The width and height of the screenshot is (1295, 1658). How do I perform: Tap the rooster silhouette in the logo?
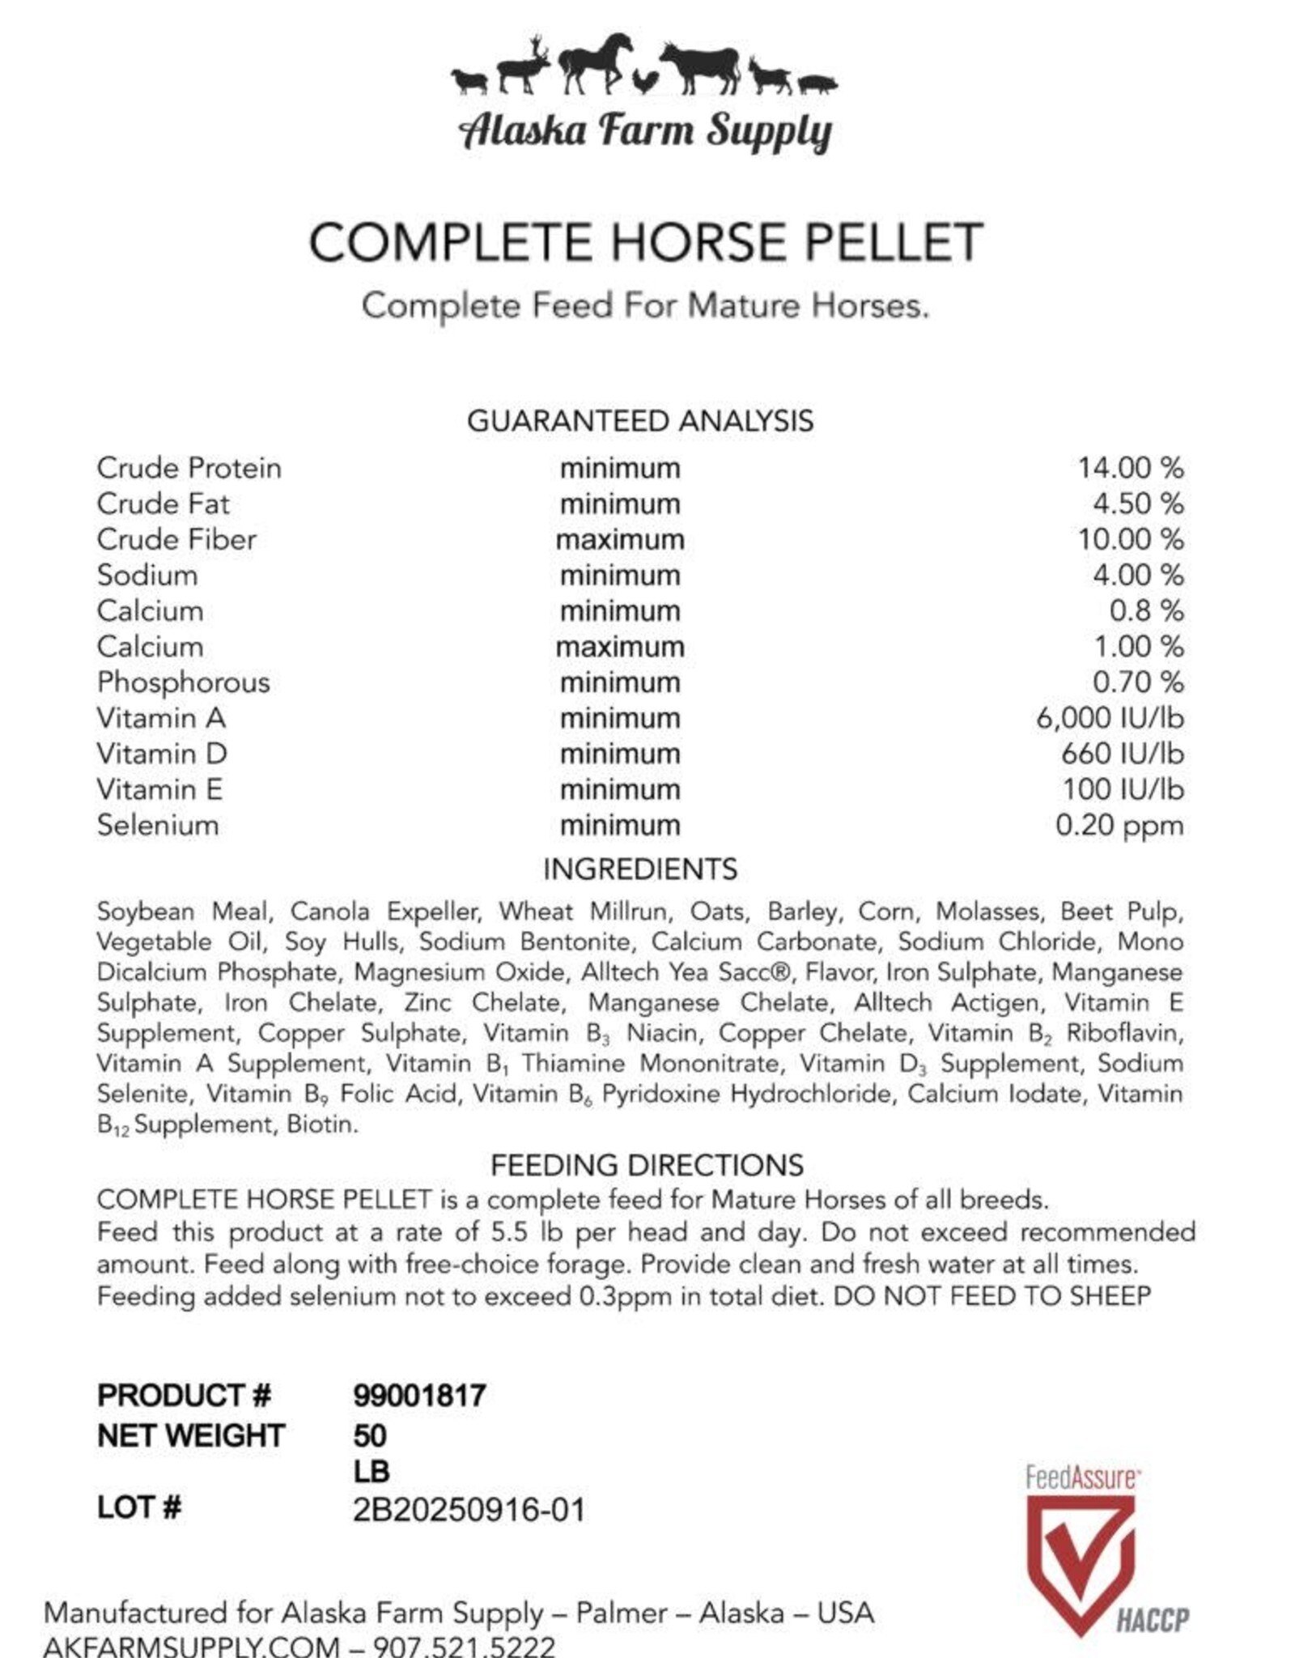pyautogui.click(x=644, y=81)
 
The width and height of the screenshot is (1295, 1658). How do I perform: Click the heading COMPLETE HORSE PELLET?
pyautogui.click(x=646, y=242)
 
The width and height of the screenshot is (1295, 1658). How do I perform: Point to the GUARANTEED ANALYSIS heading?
pyautogui.click(x=640, y=421)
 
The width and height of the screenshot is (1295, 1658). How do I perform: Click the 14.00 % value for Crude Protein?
pyautogui.click(x=1130, y=468)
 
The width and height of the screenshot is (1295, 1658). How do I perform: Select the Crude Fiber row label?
pyautogui.click(x=176, y=539)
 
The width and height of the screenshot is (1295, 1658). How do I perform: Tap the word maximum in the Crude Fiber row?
pyautogui.click(x=620, y=539)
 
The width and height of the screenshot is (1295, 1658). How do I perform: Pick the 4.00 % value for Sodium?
pyautogui.click(x=1137, y=576)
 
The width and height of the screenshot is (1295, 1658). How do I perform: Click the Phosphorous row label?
pyautogui.click(x=184, y=682)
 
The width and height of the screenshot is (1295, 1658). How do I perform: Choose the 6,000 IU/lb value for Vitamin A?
pyautogui.click(x=1110, y=718)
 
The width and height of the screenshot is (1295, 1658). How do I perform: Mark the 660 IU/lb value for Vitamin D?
pyautogui.click(x=1122, y=754)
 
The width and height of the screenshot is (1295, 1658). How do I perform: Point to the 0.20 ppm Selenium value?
pyautogui.click(x=1119, y=826)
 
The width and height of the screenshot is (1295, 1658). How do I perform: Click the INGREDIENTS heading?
pyautogui.click(x=640, y=869)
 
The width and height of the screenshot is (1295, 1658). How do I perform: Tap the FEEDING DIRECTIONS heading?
pyautogui.click(x=647, y=1165)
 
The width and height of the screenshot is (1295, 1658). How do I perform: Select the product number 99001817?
pyautogui.click(x=419, y=1395)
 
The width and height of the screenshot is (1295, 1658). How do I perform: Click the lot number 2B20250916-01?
pyautogui.click(x=469, y=1510)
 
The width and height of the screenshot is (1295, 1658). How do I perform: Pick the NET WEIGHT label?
pyautogui.click(x=191, y=1435)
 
